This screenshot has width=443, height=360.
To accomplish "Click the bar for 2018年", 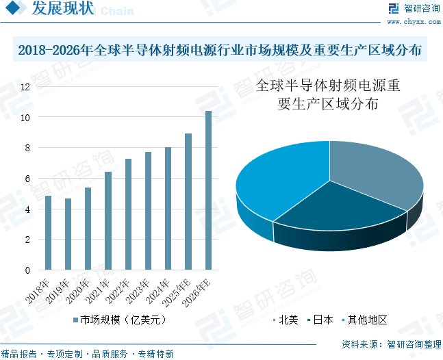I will click(48, 233).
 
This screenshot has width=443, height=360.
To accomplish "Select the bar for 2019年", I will click(68, 234).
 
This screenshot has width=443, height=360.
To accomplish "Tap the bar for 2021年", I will click(107, 220).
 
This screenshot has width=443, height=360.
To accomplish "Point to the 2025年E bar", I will click(188, 202).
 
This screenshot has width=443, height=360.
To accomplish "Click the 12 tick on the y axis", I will click(25, 88).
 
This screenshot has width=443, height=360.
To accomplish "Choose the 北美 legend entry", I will click(287, 319).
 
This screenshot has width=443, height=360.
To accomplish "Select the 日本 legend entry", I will click(322, 319).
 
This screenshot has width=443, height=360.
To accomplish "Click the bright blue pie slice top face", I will click(274, 178).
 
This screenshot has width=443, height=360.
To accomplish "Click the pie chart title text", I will click(328, 96).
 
